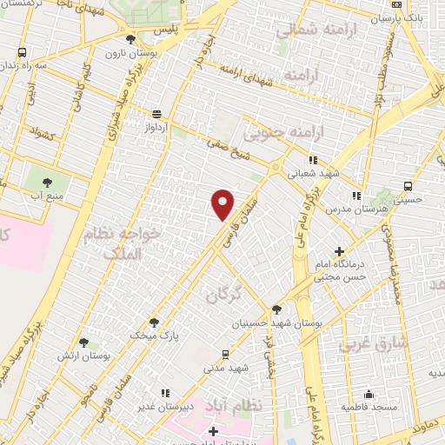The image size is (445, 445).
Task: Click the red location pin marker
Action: (x=222, y=204)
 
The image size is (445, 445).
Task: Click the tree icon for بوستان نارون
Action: (x=130, y=39)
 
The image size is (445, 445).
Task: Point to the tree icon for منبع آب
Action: (x=47, y=182)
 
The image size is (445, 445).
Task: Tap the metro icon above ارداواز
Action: (x=156, y=114)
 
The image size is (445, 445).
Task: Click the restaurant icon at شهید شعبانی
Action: (x=314, y=160)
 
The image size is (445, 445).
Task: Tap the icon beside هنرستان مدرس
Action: (x=355, y=196)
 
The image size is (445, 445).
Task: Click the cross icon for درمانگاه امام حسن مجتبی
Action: (x=339, y=252)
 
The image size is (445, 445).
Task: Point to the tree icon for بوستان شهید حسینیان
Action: (x=276, y=309)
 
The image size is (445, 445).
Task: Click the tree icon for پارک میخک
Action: (x=154, y=321)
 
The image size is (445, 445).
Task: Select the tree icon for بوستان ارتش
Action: (x=83, y=342)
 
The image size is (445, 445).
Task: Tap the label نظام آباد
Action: (x=229, y=405)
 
